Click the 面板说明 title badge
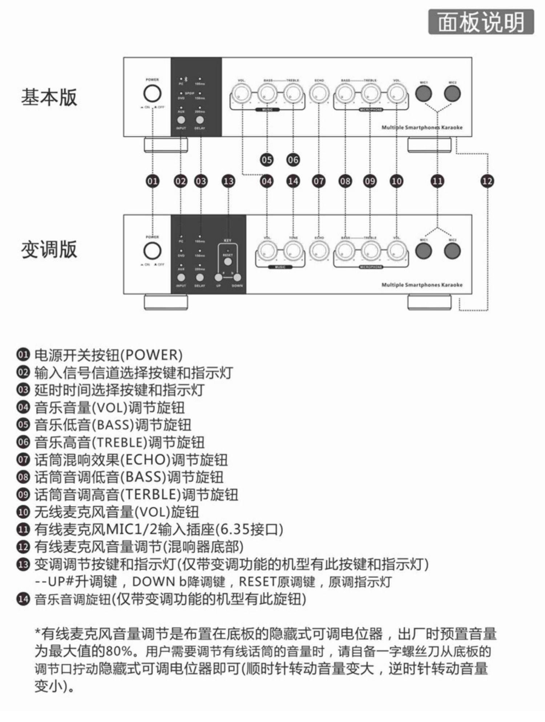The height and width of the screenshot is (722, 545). tap(481, 22)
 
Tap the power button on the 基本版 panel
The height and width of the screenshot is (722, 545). tap(152, 94)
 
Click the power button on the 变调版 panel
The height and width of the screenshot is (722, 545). tap(152, 251)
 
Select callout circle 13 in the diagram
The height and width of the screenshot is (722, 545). tap(228, 181)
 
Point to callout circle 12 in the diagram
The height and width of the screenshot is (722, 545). tap(487, 181)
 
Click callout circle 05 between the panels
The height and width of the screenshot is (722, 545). tap(267, 160)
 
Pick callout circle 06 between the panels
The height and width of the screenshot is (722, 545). tap(293, 160)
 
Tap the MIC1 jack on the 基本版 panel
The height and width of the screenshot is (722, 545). tap(424, 94)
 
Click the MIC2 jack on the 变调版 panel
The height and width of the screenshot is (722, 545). tap(452, 251)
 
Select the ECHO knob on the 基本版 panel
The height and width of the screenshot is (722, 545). tap(319, 93)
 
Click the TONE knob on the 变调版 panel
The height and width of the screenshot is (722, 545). tap(293, 251)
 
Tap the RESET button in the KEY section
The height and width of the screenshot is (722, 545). tap(228, 261)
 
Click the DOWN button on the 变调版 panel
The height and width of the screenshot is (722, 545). tap(237, 277)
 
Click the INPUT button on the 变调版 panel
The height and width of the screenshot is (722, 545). tap(181, 277)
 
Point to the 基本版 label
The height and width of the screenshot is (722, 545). tap(49, 97)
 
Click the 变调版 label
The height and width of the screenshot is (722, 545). tap(49, 250)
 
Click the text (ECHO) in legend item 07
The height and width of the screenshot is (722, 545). tap(145, 460)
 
